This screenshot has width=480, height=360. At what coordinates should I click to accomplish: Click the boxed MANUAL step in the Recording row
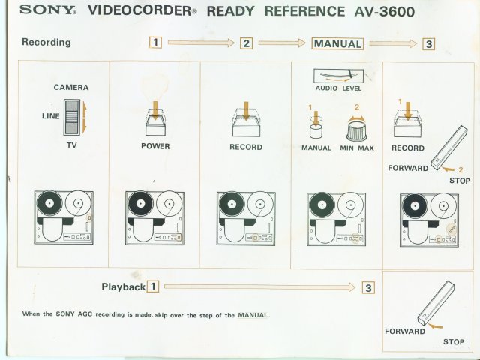click(337, 43)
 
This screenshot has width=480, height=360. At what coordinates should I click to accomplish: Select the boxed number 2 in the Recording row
click(246, 43)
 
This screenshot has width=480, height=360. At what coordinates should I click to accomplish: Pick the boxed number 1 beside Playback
click(153, 286)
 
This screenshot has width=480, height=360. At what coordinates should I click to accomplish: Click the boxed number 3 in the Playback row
click(367, 287)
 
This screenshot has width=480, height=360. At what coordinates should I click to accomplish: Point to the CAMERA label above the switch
click(71, 88)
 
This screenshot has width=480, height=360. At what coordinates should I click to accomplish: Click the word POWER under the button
click(155, 146)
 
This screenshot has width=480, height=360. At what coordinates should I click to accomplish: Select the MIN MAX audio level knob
click(358, 130)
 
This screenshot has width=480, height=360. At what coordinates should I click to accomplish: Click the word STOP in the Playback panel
click(453, 342)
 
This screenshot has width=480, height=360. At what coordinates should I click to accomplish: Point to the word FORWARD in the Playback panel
click(405, 331)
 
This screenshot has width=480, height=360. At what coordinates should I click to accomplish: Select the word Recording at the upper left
click(46, 42)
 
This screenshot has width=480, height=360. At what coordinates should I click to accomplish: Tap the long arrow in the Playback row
click(259, 286)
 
